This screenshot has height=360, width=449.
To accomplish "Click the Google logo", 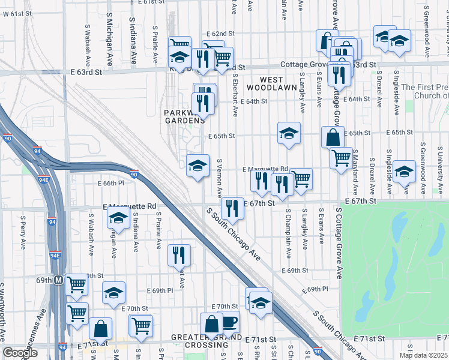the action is [x=20, y=353].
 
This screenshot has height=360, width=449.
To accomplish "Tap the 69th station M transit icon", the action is [x=59, y=280].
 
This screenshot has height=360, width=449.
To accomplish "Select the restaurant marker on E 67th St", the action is [x=232, y=208].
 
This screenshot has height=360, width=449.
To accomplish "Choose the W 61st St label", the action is [x=17, y=14].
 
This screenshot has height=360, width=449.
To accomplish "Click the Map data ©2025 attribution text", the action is [x=423, y=355].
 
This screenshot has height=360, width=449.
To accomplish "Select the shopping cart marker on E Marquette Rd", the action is [x=301, y=178].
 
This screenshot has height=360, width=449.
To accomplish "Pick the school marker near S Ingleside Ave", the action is [x=404, y=171].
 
